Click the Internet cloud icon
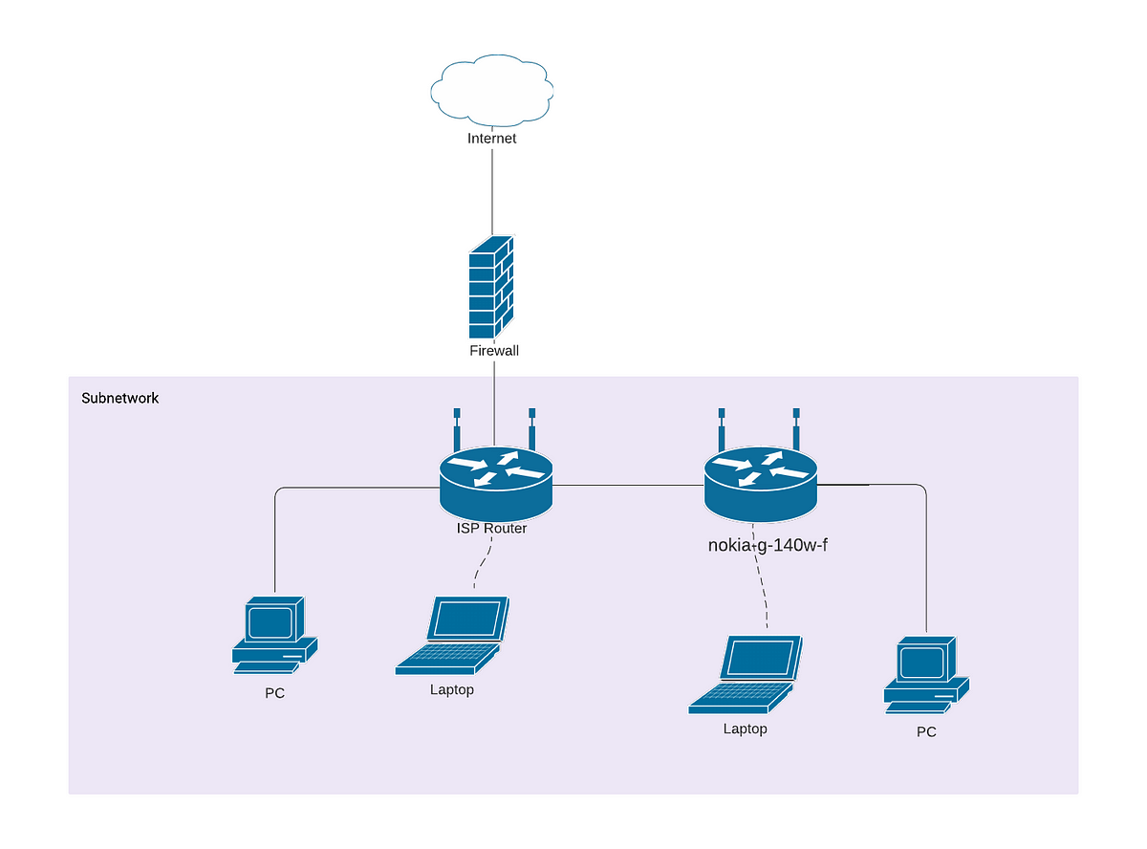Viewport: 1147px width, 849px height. tap(491, 93)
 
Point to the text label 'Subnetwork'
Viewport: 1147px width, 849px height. tap(120, 398)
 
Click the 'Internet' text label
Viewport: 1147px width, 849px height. tap(491, 139)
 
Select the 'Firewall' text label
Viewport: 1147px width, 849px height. tap(494, 351)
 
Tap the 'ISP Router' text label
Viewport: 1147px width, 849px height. tap(491, 528)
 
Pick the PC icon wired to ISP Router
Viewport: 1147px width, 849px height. tap(273, 635)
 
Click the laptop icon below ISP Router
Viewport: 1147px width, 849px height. tap(452, 636)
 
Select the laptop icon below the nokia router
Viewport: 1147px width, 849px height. tap(746, 674)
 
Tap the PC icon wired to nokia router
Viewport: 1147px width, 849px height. tap(925, 674)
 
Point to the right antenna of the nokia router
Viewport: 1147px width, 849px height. tap(794, 426)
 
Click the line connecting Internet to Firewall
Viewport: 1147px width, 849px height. tap(492, 191)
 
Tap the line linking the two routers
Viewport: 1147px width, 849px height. tap(628, 485)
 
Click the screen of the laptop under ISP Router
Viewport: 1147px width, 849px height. tap(467, 620)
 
